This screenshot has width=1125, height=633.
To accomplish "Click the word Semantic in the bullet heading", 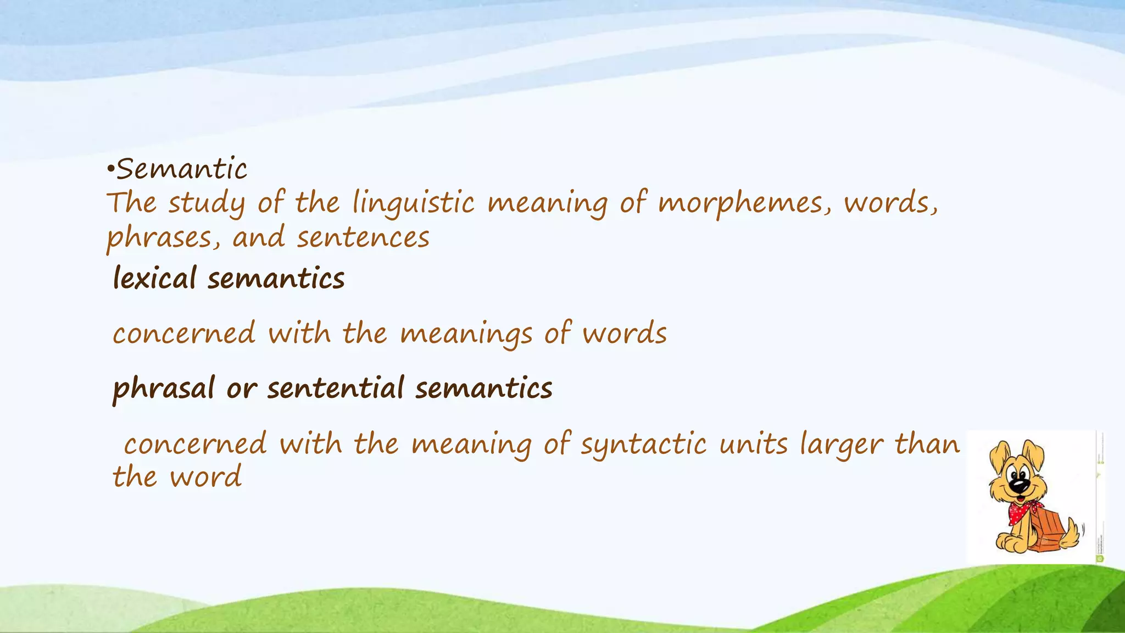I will click(x=182, y=169).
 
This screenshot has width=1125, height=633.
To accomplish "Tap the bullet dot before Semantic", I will click(x=110, y=171).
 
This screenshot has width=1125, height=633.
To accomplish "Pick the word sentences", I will click(x=363, y=238).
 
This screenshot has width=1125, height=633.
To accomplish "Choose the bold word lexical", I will click(x=154, y=278).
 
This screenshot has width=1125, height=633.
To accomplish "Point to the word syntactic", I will click(x=644, y=445).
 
